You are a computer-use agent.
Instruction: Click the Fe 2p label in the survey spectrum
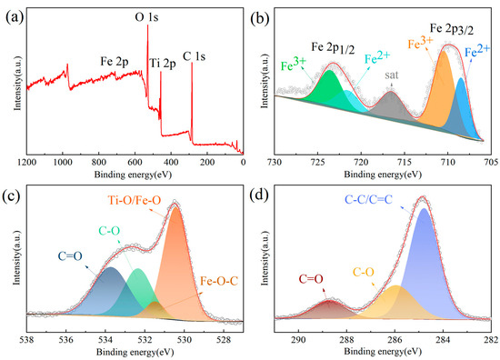[x=117, y=64]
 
